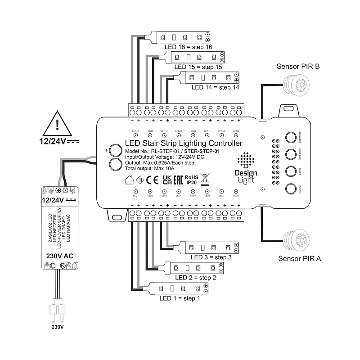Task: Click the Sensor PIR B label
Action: pos(298,67)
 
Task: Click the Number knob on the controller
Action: pos(292,189)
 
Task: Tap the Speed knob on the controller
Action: pos(292,171)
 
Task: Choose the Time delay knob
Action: pos(292,154)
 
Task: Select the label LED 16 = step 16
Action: pos(188,47)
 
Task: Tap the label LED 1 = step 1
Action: pos(180,298)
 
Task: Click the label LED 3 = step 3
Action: pos(211,257)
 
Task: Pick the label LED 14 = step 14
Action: pos(215,87)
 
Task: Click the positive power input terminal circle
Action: pos(117,150)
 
